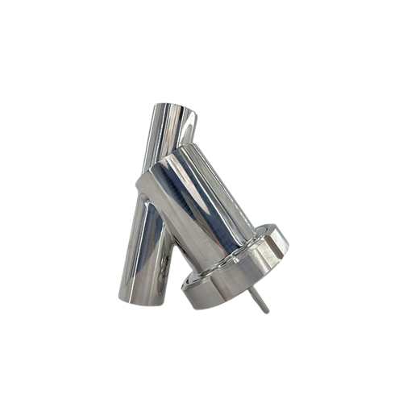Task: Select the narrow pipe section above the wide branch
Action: click(x=174, y=133)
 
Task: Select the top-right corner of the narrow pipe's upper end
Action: click(x=196, y=113)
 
